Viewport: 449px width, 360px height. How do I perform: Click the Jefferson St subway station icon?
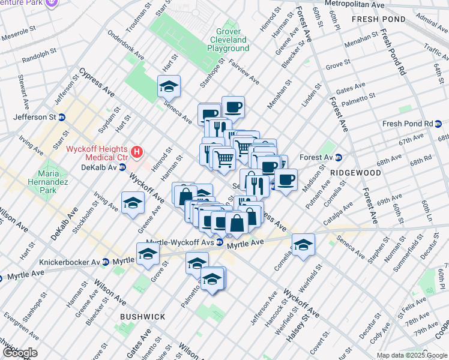(62, 117)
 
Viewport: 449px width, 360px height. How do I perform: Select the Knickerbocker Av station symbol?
(106, 262)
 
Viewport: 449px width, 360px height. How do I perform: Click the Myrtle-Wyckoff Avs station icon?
(220, 242)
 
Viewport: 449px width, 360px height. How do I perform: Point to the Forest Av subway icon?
(338, 158)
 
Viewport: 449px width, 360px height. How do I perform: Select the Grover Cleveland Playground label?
(228, 40)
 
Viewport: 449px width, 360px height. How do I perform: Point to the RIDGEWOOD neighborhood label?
(355, 172)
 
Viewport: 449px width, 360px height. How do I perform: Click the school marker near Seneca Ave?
(169, 86)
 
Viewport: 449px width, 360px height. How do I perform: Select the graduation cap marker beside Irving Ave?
(133, 202)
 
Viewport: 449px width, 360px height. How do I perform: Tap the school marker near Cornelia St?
(304, 244)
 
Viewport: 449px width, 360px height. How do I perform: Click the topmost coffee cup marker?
(233, 107)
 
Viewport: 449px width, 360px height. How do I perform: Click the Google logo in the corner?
(19, 353)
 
